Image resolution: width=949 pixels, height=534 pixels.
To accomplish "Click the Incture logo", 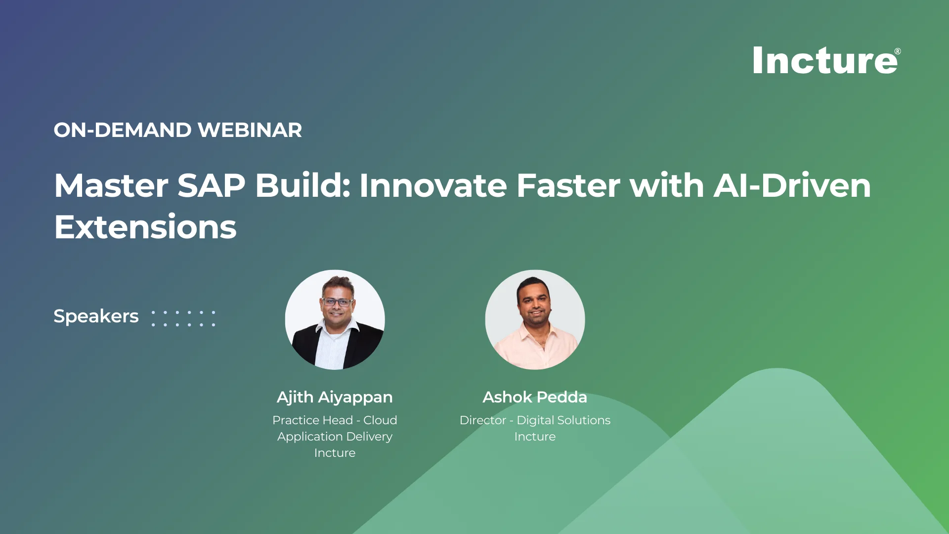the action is pos(826,60).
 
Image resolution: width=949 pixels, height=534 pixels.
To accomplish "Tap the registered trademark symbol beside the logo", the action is pos(898,51).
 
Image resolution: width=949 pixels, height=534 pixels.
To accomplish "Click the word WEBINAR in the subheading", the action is pos(250,130).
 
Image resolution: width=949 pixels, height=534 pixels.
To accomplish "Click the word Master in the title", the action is pos(111,185).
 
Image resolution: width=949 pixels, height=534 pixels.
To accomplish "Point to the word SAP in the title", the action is pos(211,185).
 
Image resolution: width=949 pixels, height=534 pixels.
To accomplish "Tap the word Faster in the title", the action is pos(568,185).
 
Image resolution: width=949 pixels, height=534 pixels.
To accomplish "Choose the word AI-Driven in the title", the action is pos(792,185).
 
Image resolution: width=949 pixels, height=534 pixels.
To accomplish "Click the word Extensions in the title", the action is pos(145,227).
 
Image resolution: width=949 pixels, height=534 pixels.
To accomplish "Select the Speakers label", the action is pos(96,316).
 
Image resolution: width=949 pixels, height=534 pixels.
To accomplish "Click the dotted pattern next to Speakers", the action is pos(183,318).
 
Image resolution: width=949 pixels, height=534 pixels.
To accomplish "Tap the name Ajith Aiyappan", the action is pos(335,397).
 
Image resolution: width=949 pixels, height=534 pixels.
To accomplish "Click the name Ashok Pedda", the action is pos(535,397).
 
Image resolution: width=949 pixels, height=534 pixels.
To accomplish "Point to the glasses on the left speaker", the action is pos(338,302).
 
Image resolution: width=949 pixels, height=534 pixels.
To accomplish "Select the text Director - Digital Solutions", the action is pos(535,420).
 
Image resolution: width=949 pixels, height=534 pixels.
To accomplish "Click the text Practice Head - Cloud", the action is pos(335,420).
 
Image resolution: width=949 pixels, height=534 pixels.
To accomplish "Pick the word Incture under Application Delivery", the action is pos(335,453).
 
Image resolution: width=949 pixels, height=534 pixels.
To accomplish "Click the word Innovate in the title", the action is pos(433,185).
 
